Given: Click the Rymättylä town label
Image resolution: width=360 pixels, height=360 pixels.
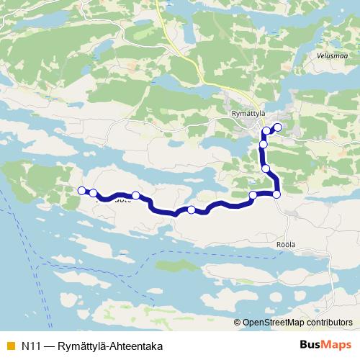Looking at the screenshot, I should (x=246, y=112).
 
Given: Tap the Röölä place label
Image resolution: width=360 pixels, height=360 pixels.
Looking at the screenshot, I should (x=286, y=244).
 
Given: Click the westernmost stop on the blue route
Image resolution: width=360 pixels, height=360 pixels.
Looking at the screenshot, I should (x=81, y=190).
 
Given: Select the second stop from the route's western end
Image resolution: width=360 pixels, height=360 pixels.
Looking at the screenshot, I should (x=94, y=193).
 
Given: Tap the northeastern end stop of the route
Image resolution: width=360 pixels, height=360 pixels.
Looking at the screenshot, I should (x=277, y=127).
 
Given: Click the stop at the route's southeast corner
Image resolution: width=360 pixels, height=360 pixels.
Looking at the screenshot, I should (x=276, y=194).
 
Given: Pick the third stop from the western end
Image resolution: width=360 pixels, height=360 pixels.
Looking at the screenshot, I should (x=135, y=195).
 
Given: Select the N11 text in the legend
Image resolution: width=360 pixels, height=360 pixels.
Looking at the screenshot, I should (x=30, y=345).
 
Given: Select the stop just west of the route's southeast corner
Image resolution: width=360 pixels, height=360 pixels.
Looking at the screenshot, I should (x=253, y=195).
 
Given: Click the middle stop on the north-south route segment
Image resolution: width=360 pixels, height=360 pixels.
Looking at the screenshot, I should (x=263, y=145).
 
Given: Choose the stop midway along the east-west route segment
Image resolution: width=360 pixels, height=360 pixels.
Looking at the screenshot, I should (x=191, y=210).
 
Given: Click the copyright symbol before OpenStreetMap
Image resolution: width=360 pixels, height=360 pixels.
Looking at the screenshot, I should (x=238, y=323).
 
